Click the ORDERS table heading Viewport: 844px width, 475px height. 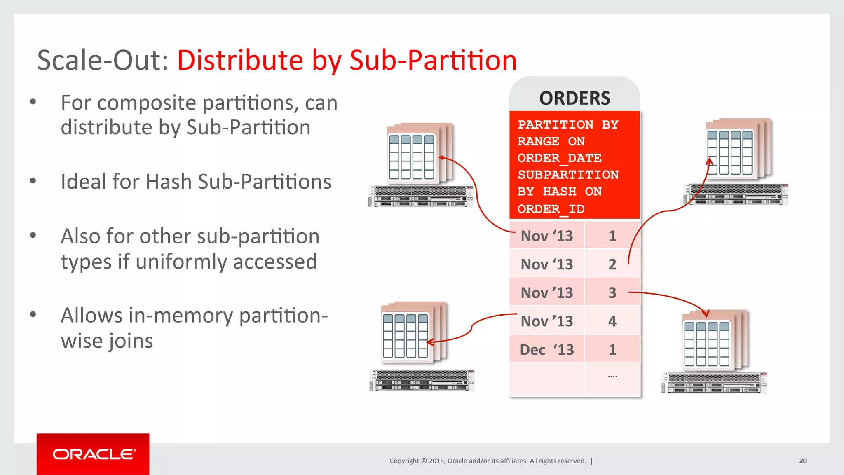pos(574,98)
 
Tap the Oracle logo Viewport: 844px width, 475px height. pos(93,454)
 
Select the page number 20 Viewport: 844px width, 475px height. pos(803,461)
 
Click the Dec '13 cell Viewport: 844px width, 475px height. pos(546,349)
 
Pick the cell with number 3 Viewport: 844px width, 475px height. pos(612,292)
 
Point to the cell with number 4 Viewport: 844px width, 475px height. pos(612,321)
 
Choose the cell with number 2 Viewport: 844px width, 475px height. pos(612,264)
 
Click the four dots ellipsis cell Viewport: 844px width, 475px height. pos(612,376)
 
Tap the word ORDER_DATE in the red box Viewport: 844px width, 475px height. pos(559,158)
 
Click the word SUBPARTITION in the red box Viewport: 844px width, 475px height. pos(568,175)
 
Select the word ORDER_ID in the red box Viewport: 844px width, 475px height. pos(551,209)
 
